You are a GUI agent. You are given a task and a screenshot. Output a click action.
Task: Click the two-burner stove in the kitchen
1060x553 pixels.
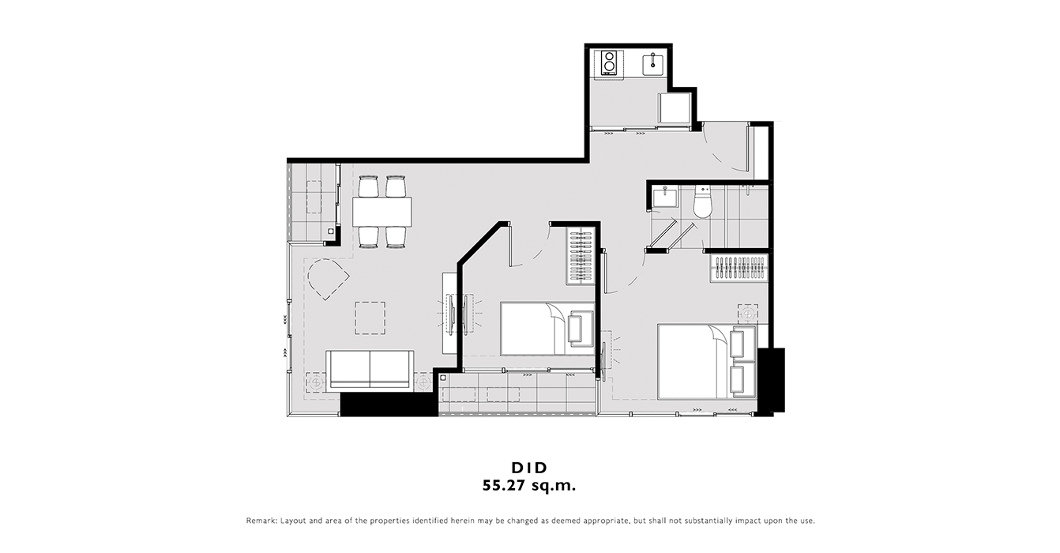[609, 63]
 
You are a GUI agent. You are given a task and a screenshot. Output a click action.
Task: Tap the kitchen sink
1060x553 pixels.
[653, 64]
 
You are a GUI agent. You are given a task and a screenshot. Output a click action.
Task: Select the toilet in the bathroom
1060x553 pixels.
[702, 202]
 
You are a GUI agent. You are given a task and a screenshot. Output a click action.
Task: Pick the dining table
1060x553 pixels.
[382, 211]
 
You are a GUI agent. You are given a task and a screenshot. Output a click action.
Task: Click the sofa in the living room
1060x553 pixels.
[370, 370]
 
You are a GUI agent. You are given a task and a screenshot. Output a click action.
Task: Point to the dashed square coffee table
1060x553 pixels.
[370, 318]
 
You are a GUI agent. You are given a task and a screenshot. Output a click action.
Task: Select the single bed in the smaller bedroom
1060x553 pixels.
[547, 329]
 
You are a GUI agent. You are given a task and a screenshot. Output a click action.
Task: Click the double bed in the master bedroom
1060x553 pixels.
[707, 362]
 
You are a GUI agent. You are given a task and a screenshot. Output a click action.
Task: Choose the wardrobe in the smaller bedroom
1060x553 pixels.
[581, 256]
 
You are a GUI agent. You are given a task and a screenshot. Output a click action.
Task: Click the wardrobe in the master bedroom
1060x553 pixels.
[739, 269]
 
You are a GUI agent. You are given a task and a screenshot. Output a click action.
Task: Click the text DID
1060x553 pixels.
[529, 468]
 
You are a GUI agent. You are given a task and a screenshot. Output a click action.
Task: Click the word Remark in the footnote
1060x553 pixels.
[261, 521]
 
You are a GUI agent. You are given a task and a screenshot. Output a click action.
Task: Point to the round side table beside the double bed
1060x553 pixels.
[748, 314]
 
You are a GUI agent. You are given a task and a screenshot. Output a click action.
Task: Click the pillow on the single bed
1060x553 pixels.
[581, 329]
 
